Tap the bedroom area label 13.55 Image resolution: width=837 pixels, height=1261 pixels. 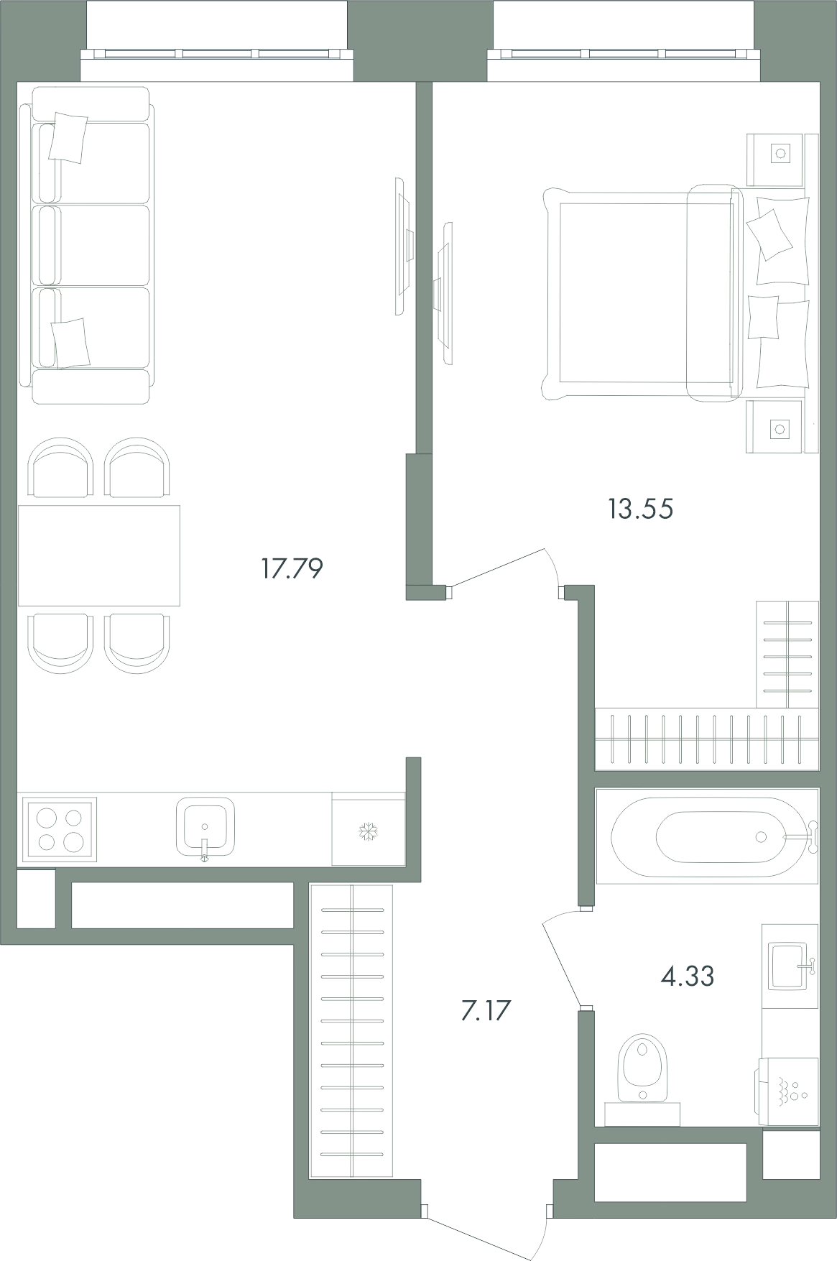[640, 509]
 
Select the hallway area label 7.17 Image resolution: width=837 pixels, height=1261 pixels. [485, 1011]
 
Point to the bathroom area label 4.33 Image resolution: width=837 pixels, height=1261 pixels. [687, 976]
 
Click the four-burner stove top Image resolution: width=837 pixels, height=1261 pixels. [60, 830]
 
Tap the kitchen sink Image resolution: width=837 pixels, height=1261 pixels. [205, 827]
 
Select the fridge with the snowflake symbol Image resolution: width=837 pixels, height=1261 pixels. [368, 830]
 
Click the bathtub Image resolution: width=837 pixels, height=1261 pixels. [708, 836]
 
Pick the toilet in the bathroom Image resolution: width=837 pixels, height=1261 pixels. [642, 1078]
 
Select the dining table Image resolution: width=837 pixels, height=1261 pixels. [99, 555]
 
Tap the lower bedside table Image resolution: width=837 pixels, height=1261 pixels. [774, 427]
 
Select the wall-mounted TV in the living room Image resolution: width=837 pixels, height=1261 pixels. [403, 246]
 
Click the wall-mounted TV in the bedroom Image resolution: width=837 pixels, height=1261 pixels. [444, 293]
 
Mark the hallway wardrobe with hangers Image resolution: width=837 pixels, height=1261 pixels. [351, 1032]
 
